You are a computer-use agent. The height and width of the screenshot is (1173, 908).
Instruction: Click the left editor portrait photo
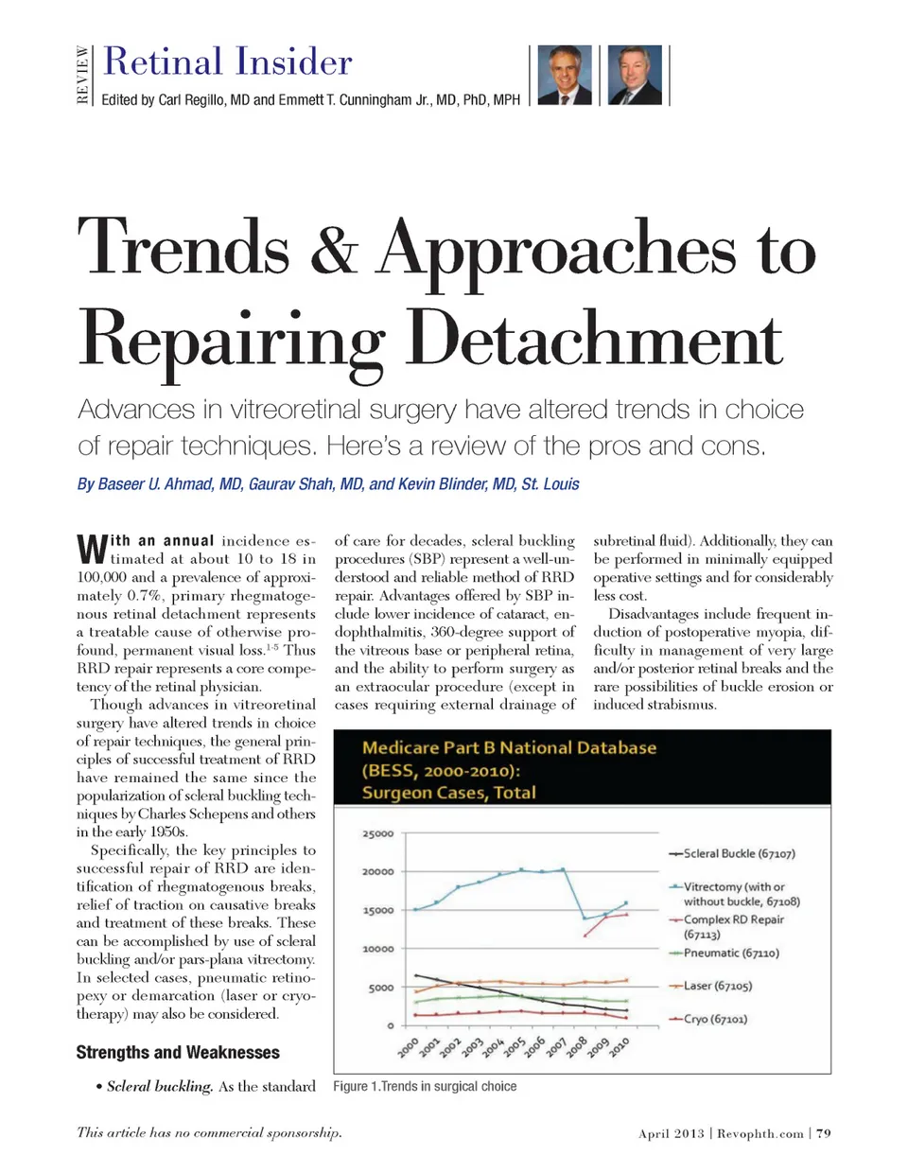click(565, 75)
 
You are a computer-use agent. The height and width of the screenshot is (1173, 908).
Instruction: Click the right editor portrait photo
click(635, 75)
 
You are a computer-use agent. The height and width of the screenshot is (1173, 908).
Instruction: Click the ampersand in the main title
click(334, 248)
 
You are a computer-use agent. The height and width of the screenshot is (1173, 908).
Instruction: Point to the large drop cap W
click(92, 549)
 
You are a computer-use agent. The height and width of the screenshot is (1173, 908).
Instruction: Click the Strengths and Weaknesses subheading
click(178, 1052)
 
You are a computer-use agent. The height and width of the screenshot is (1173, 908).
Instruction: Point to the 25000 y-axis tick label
click(378, 833)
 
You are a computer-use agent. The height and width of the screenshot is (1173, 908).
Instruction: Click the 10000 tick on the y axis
click(378, 949)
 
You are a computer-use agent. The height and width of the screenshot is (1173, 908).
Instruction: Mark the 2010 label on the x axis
click(620, 1046)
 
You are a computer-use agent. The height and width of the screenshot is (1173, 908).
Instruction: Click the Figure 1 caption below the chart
click(425, 1086)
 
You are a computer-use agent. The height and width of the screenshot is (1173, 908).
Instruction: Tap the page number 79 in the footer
click(824, 1132)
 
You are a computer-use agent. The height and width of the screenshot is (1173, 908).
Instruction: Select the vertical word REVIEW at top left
click(83, 76)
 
